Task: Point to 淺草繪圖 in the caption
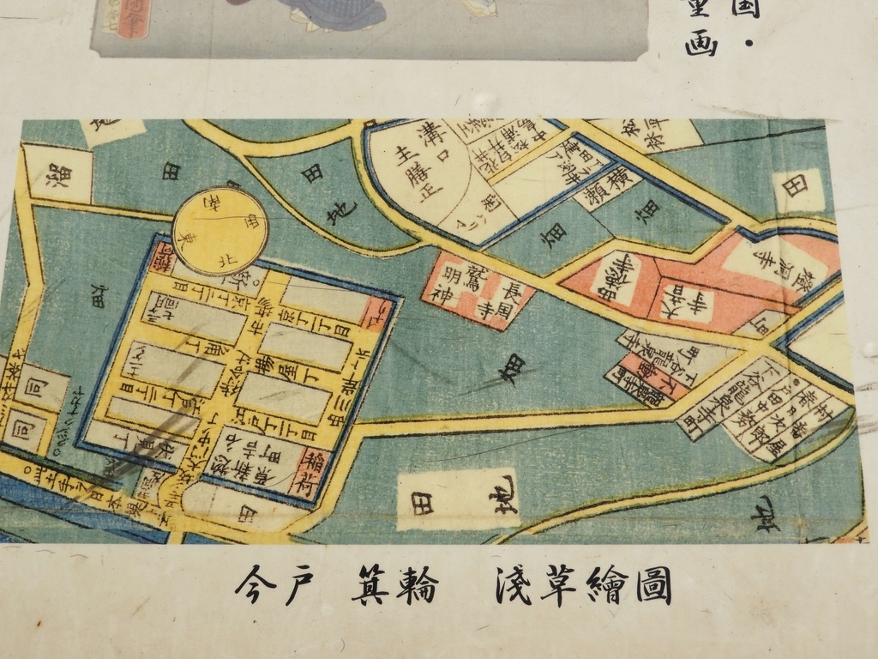coord(583,586)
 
